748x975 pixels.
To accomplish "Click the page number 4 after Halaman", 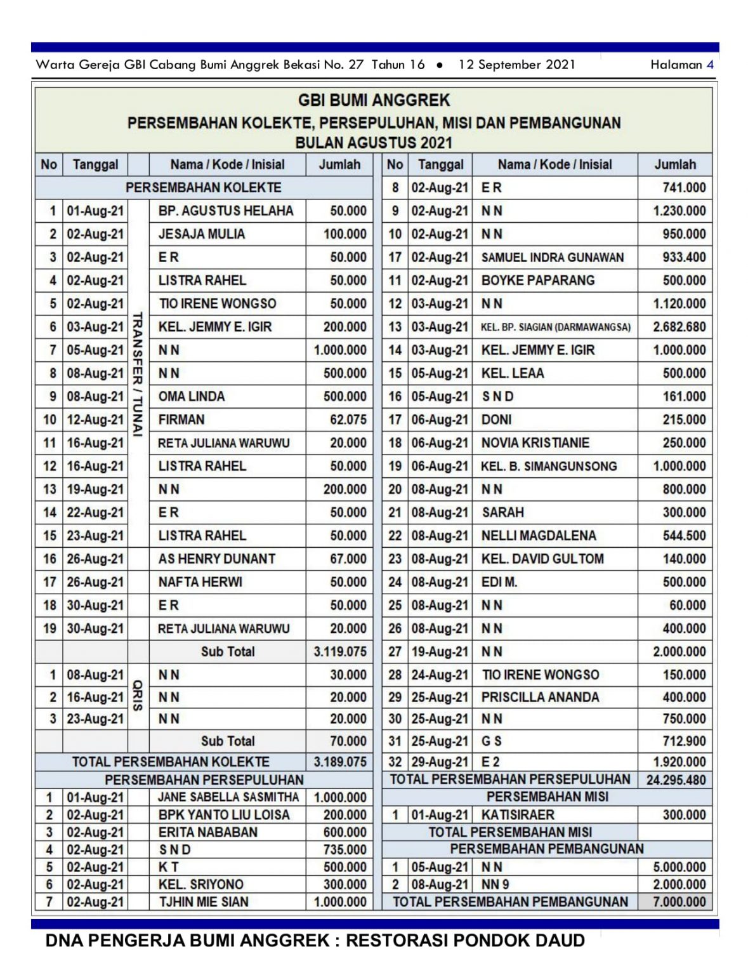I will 710,65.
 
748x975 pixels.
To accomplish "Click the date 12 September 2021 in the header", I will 516,65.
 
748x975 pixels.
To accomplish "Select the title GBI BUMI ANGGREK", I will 374,100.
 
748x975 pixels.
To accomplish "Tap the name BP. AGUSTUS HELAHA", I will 226,211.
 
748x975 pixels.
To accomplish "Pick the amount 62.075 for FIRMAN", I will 348,420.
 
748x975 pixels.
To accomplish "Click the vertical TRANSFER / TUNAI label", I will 138,374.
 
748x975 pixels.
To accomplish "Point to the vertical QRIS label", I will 138,696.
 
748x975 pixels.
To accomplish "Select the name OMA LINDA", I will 192,397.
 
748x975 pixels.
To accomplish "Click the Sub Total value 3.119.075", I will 340,652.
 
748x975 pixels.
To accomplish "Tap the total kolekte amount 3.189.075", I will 340,762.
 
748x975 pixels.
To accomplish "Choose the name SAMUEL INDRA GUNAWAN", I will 553,258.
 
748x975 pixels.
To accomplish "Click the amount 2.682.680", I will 679,327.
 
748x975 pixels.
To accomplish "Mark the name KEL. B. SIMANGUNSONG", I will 549,467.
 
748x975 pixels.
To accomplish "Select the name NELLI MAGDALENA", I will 539,536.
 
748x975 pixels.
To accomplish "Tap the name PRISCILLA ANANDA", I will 540,698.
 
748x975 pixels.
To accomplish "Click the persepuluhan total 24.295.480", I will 676,780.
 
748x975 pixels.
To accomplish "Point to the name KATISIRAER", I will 518,815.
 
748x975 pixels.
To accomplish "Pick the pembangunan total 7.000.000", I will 679,902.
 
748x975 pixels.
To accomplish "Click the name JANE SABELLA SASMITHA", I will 228,797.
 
